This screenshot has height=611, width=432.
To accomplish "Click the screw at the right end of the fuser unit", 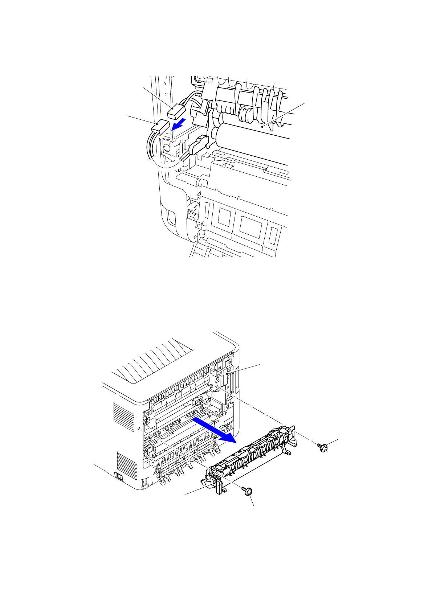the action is tap(322, 447).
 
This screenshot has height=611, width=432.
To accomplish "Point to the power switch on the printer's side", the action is tap(118, 475).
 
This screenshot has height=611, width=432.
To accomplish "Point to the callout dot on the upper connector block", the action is tap(171, 107).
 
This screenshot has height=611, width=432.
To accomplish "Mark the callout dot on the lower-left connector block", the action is tap(156, 124).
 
